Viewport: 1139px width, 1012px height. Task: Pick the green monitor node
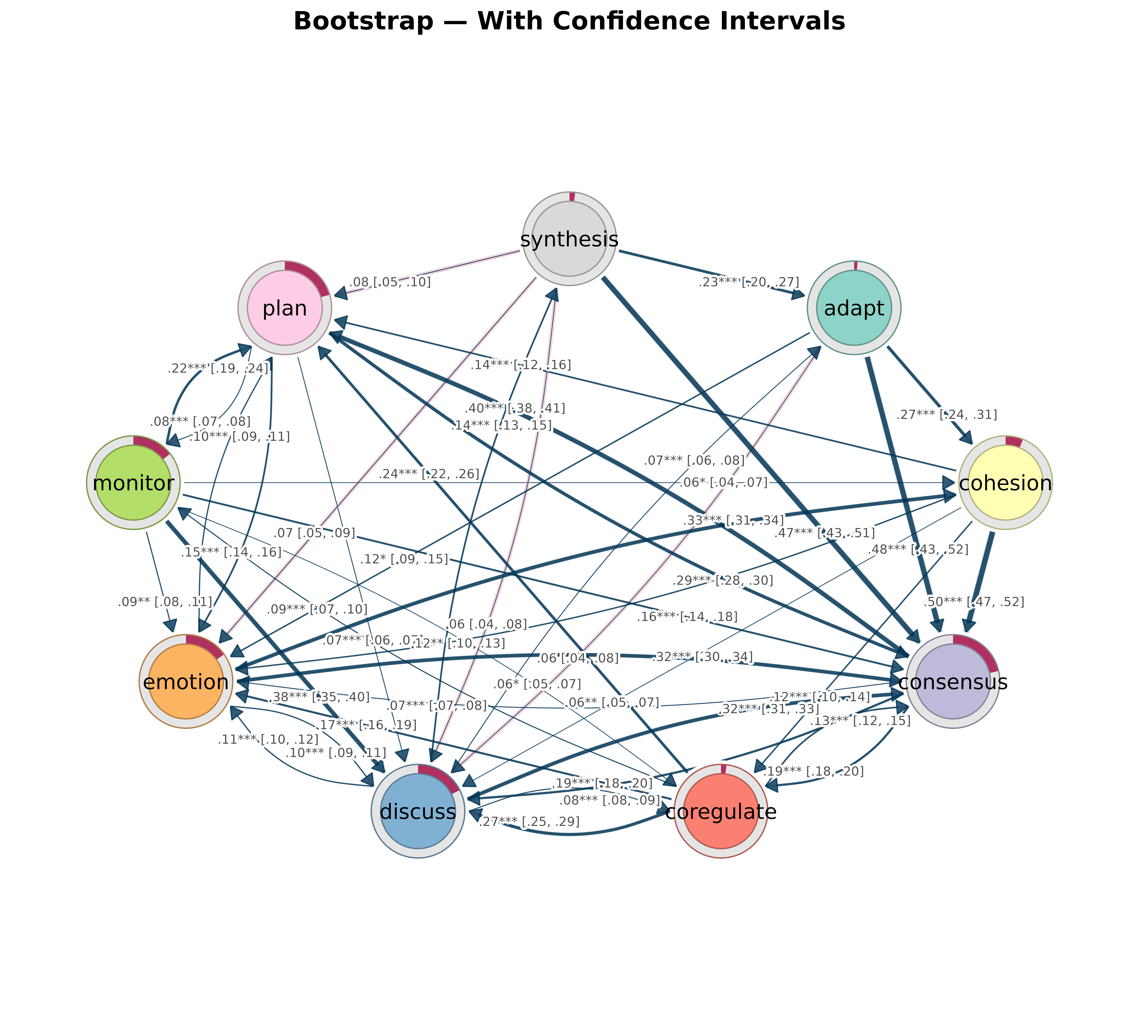tap(134, 482)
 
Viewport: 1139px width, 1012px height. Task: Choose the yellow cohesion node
tap(1005, 482)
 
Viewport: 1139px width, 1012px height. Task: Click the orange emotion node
tap(186, 681)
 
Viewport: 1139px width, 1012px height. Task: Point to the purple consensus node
tap(953, 681)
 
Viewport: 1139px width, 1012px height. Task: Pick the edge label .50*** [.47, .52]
tap(973, 602)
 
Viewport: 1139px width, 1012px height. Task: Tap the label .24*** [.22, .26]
tap(429, 474)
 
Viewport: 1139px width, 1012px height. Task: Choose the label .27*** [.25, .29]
tap(529, 822)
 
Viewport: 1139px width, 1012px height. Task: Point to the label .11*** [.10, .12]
tap(268, 740)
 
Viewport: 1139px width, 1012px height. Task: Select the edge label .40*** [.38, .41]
tap(515, 408)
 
